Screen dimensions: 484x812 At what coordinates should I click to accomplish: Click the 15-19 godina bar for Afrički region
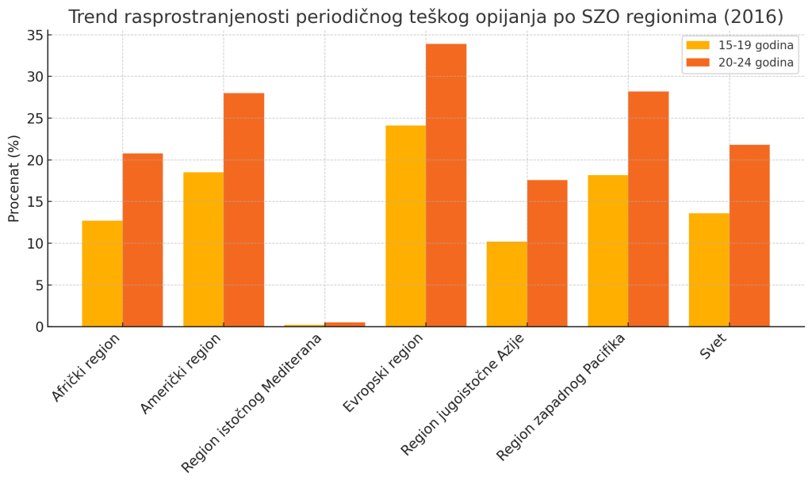102,273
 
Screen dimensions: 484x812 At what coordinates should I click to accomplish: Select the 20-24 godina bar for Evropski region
446,185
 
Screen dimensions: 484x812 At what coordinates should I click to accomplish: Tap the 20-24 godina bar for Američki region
243,209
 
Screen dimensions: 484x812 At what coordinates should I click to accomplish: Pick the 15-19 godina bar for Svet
709,269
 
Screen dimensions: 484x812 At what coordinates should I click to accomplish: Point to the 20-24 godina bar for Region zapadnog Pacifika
648,208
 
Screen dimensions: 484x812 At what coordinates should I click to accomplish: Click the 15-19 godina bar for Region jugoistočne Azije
507,284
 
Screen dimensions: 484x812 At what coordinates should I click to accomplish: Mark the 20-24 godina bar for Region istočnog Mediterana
345,324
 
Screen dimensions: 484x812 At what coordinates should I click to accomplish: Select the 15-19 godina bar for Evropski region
405,226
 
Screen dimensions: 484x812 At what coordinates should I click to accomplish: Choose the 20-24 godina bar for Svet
749,235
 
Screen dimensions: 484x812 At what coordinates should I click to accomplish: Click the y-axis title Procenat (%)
14,178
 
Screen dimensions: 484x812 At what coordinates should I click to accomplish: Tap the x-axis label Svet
713,347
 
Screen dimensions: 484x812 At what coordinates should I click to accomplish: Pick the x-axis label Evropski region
384,372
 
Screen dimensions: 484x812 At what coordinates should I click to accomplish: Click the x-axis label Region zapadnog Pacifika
561,397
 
